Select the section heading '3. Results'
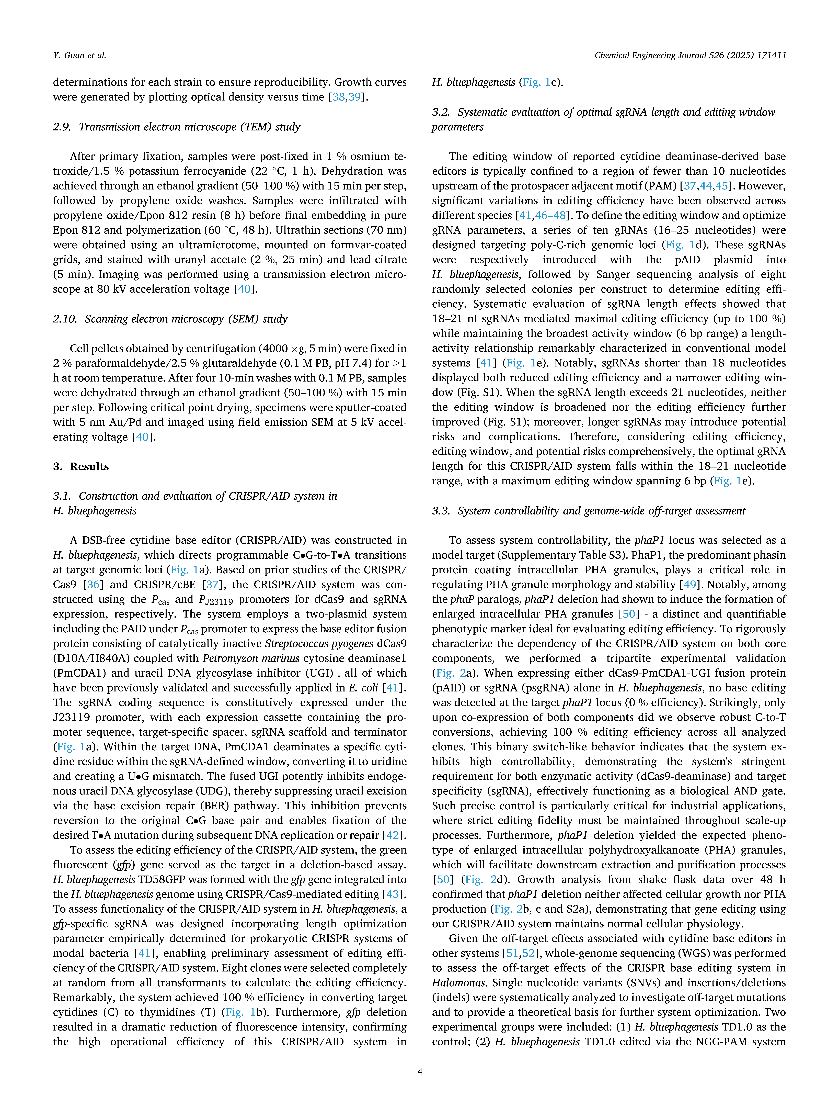click(81, 466)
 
